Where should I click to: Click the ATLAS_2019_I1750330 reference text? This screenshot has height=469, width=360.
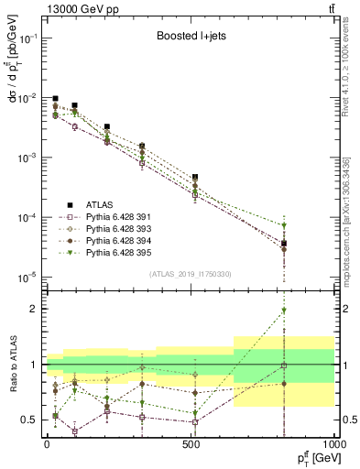click(191, 274)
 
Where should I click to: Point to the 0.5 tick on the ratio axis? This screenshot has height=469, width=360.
click(33, 420)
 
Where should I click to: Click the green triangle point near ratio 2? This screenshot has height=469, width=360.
click(284, 311)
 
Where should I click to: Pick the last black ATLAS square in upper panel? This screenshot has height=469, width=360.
click(284, 244)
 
